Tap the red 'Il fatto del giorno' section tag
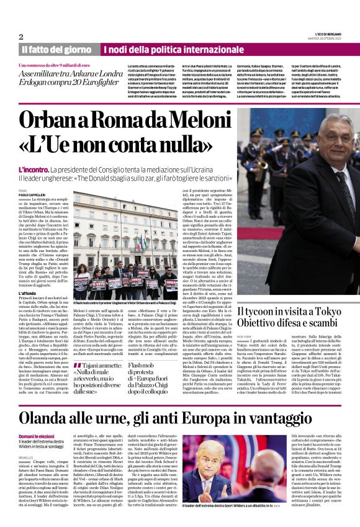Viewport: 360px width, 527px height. tap(56, 49)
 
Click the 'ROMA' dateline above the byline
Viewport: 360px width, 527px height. tap(23, 189)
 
